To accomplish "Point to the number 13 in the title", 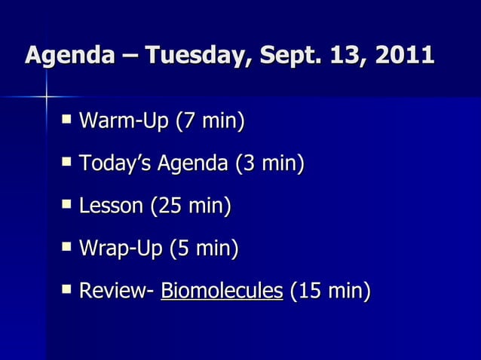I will pos(338,56).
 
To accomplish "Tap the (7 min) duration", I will pos(210,121).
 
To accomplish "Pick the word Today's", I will pos(114,163).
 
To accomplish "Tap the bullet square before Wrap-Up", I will pos(69,246).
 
